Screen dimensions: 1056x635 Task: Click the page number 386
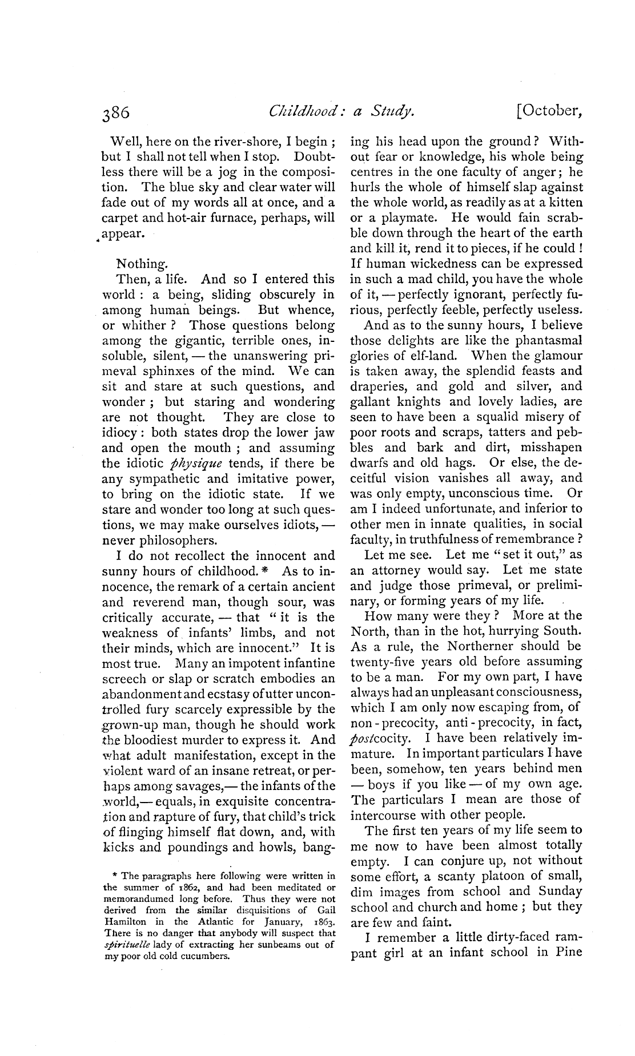coord(116,113)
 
